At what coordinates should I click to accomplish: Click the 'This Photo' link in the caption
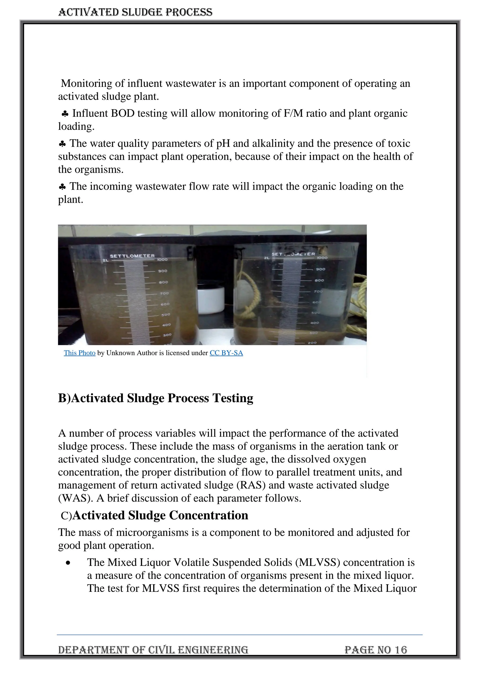point(79,353)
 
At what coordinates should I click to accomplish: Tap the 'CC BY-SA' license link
point(226,353)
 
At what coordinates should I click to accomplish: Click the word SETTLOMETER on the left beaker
point(132,256)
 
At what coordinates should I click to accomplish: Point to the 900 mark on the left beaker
point(163,271)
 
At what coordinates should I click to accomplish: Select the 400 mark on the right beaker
point(314,323)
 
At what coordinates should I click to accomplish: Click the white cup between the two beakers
point(211,300)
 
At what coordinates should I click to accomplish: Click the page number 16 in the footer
point(401,650)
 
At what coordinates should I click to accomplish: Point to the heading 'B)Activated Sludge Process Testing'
point(156,398)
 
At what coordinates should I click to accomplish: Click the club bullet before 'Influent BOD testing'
point(65,114)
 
